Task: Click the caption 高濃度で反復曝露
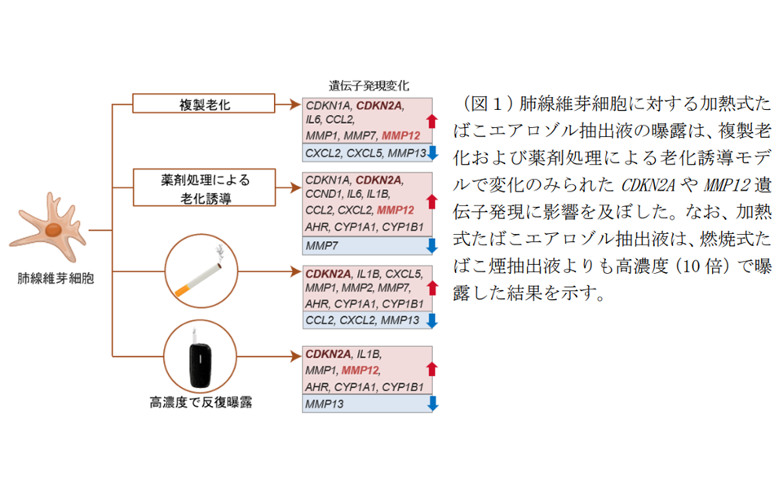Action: [200, 402]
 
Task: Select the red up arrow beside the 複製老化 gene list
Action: [431, 121]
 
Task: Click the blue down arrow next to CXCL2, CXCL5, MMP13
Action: [431, 152]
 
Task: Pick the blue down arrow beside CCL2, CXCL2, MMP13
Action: [431, 320]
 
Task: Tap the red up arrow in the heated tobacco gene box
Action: [431, 368]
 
